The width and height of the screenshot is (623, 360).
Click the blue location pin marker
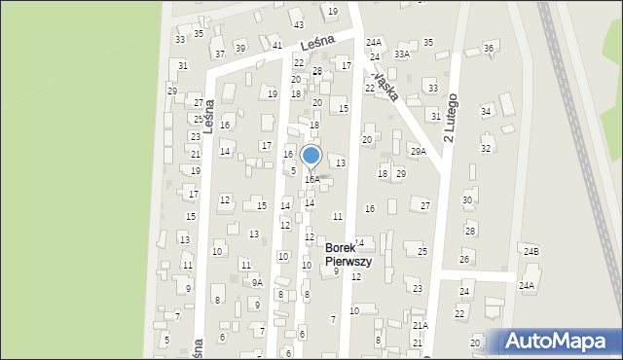point(311,157)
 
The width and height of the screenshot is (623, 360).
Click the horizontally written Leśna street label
point(317,42)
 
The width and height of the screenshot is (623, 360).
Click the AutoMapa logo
point(560,342)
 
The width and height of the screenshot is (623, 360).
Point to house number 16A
point(311,179)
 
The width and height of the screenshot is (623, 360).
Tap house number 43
point(298,24)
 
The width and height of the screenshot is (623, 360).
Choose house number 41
point(277,46)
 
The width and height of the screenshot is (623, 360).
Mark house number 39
point(239,49)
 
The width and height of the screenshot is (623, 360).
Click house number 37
point(220,54)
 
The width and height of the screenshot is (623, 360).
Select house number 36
point(489,49)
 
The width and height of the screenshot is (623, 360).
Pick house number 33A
point(402,54)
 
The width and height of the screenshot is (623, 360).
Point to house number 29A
point(418,151)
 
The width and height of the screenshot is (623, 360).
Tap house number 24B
point(531,252)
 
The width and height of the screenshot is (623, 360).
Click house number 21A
point(420,325)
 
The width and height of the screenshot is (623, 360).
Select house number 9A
point(257,282)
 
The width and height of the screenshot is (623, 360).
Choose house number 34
point(486,111)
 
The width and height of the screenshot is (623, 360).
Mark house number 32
point(486,148)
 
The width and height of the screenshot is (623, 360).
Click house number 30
point(467,199)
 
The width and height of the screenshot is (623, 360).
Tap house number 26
point(464,259)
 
